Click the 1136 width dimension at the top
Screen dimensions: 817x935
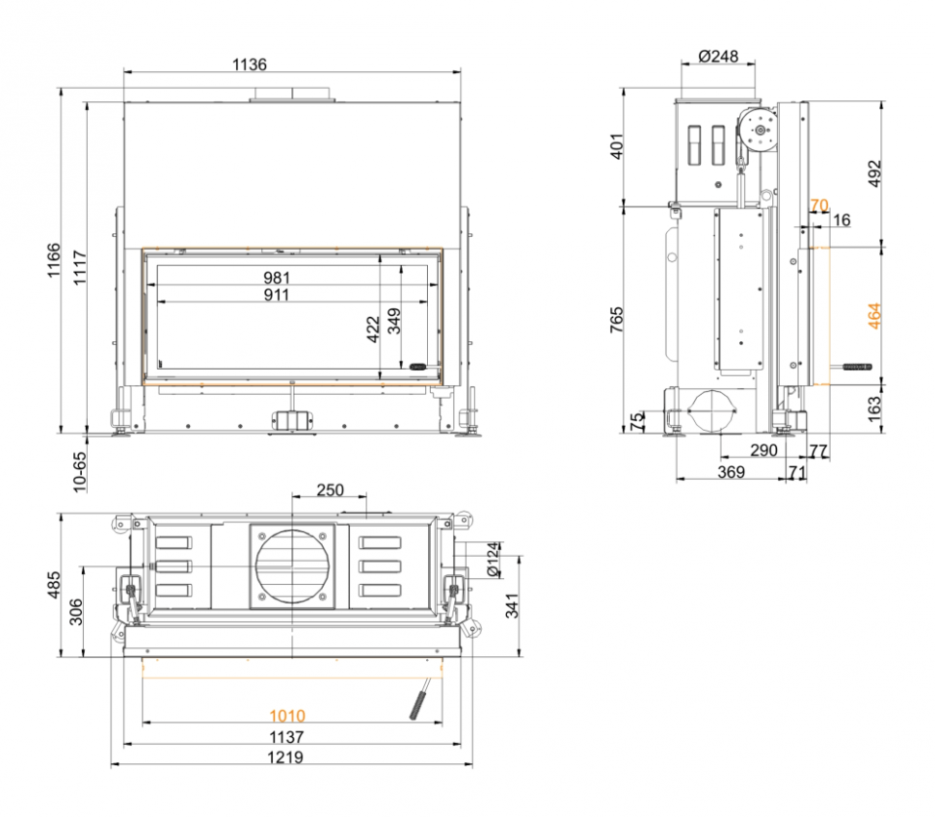tap(250, 65)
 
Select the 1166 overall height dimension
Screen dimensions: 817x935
tap(55, 261)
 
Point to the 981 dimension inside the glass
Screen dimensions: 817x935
tap(277, 278)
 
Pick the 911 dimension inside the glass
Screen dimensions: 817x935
tap(277, 295)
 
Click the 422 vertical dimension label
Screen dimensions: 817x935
tap(374, 329)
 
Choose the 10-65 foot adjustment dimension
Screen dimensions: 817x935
tap(79, 472)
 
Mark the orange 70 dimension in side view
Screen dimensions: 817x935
tap(818, 205)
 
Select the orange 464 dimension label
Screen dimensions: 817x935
tap(873, 316)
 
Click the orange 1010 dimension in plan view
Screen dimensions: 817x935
tap(287, 715)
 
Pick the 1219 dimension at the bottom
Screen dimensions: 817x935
tap(287, 757)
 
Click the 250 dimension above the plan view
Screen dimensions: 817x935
tap(330, 490)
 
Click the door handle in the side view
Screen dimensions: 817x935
tap(855, 367)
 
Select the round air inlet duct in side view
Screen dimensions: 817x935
tap(713, 410)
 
